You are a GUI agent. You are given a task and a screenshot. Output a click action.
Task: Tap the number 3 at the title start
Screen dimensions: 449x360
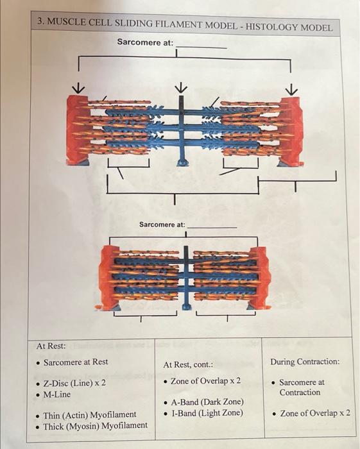click(40, 22)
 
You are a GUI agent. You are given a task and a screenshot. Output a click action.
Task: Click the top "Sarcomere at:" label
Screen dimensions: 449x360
click(145, 42)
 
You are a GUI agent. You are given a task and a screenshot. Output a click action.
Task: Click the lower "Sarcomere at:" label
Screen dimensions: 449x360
click(162, 224)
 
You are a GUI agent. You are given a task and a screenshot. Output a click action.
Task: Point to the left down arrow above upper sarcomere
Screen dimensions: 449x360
click(79, 87)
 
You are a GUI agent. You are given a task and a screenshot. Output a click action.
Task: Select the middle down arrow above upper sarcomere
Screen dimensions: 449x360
click(182, 87)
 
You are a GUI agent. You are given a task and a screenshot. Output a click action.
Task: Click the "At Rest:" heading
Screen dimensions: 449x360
click(51, 346)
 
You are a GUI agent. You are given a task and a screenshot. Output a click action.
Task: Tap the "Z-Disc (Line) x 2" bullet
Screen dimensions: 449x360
click(74, 384)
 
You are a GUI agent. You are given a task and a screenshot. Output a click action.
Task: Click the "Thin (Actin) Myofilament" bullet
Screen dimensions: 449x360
click(89, 415)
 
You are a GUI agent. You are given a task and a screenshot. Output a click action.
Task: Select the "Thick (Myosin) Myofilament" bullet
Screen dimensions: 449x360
click(94, 425)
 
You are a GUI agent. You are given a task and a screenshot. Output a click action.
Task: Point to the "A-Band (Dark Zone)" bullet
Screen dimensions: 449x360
click(207, 402)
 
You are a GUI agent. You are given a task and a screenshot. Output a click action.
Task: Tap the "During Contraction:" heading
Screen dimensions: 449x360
click(305, 362)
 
